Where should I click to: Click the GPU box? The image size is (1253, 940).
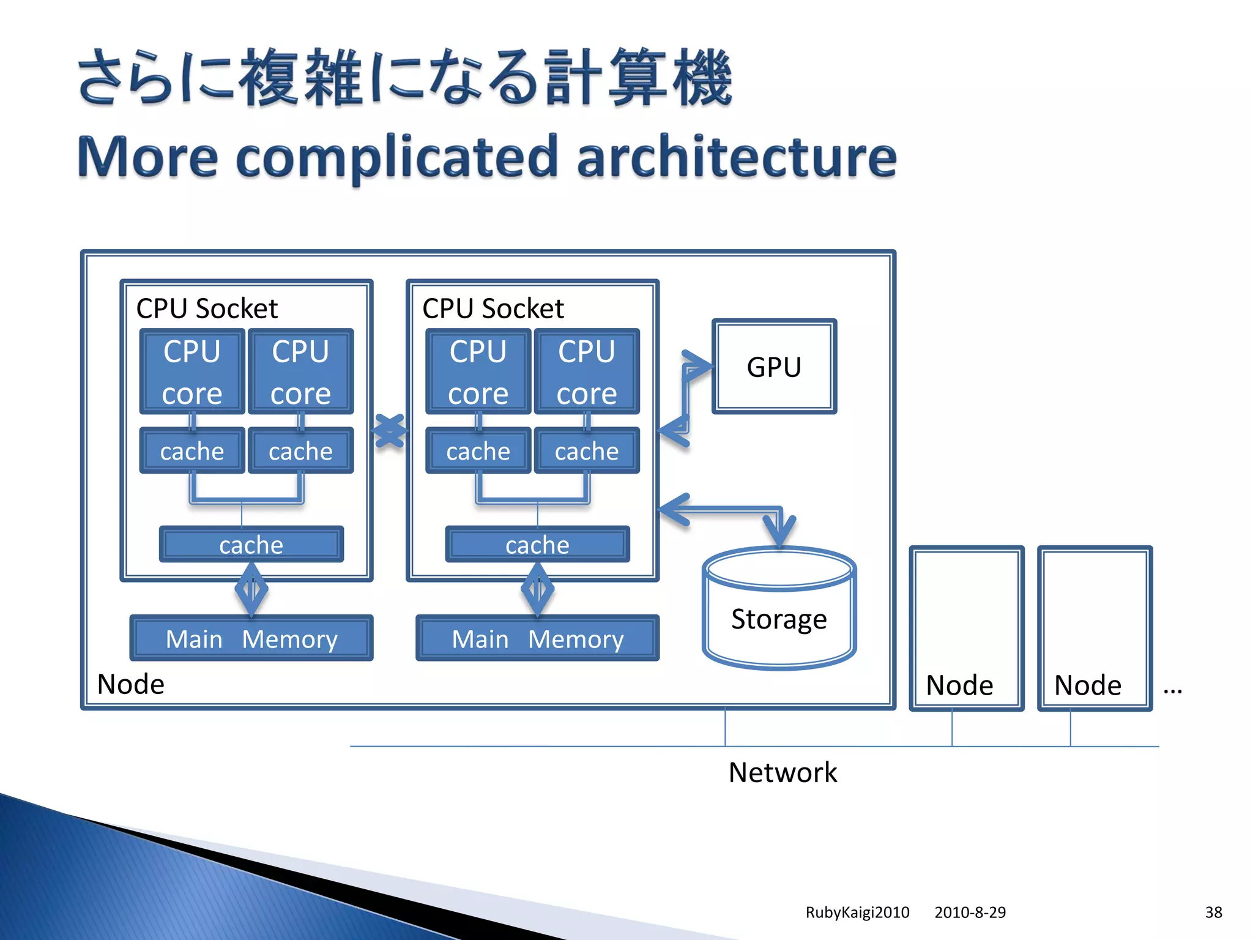[x=774, y=367]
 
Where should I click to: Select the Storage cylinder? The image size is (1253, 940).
[x=779, y=612]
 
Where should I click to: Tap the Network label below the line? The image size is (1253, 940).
[x=782, y=772]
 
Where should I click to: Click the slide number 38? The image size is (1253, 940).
[x=1213, y=912]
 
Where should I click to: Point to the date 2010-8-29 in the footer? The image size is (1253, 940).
[x=970, y=912]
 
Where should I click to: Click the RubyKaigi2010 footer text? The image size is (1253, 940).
[x=857, y=912]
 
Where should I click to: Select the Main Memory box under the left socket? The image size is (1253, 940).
[x=251, y=638]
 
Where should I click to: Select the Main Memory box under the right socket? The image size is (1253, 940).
[x=537, y=638]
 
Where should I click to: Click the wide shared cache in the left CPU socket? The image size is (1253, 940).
[x=251, y=544]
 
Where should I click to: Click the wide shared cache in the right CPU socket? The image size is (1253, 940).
[x=537, y=544]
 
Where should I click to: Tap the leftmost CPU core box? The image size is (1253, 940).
[x=192, y=371]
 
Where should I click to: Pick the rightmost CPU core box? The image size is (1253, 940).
[x=587, y=371]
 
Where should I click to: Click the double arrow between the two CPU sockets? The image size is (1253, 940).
[x=389, y=431]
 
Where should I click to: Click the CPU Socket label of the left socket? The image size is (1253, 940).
[x=207, y=308]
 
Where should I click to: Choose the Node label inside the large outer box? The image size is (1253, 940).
[x=131, y=684]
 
